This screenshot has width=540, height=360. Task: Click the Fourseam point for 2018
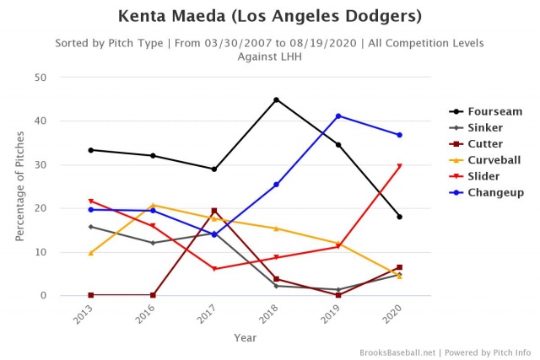coord(276,99)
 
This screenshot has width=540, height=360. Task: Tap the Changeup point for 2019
coord(337,116)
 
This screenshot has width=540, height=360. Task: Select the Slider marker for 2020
coord(399,166)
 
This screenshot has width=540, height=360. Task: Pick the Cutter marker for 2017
coord(214,211)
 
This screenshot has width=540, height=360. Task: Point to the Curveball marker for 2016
coord(153,205)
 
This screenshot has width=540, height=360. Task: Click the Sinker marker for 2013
coord(91,227)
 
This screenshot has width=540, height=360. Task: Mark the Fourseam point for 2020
coord(399,217)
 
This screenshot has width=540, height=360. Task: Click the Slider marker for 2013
coord(91,201)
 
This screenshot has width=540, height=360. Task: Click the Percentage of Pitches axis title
coord(22,186)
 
